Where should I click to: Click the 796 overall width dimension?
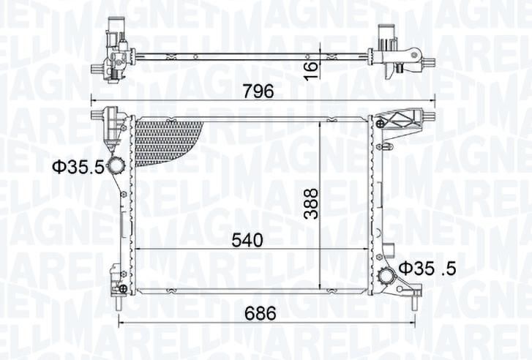[258, 91]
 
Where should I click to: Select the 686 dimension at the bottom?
[261, 313]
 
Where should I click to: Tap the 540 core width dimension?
[247, 240]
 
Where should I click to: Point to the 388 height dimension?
[311, 203]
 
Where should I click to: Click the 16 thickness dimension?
[311, 70]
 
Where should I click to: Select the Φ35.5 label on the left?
[78, 167]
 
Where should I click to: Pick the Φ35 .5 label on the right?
[427, 269]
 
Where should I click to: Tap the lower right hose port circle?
[386, 275]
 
